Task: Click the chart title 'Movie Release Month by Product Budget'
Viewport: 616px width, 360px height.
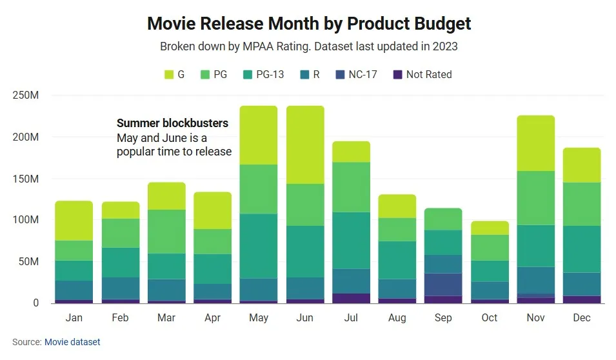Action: coord(309,24)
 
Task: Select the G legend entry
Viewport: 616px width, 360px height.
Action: coord(175,75)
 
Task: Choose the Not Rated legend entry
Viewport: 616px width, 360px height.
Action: coord(422,75)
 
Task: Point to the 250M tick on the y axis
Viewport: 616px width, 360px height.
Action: coord(26,95)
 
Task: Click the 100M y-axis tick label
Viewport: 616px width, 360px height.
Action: coord(26,220)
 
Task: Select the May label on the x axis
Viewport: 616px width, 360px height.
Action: coord(259,318)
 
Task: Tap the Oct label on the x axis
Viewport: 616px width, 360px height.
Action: coord(490,318)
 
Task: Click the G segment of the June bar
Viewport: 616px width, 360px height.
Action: coord(305,145)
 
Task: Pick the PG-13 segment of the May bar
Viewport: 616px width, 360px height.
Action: coord(259,246)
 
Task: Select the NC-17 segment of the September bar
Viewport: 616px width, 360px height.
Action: coord(443,285)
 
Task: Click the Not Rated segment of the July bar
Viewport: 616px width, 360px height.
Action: coord(351,298)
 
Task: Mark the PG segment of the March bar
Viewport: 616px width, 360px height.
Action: coord(166,231)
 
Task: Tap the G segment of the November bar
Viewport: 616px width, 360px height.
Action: coord(535,143)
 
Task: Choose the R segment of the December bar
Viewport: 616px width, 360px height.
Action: coord(582,284)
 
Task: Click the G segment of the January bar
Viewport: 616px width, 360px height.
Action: coord(74,221)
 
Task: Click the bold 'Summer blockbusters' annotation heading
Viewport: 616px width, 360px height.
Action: coord(172,123)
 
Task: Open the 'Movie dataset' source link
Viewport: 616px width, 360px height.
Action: coord(72,342)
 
